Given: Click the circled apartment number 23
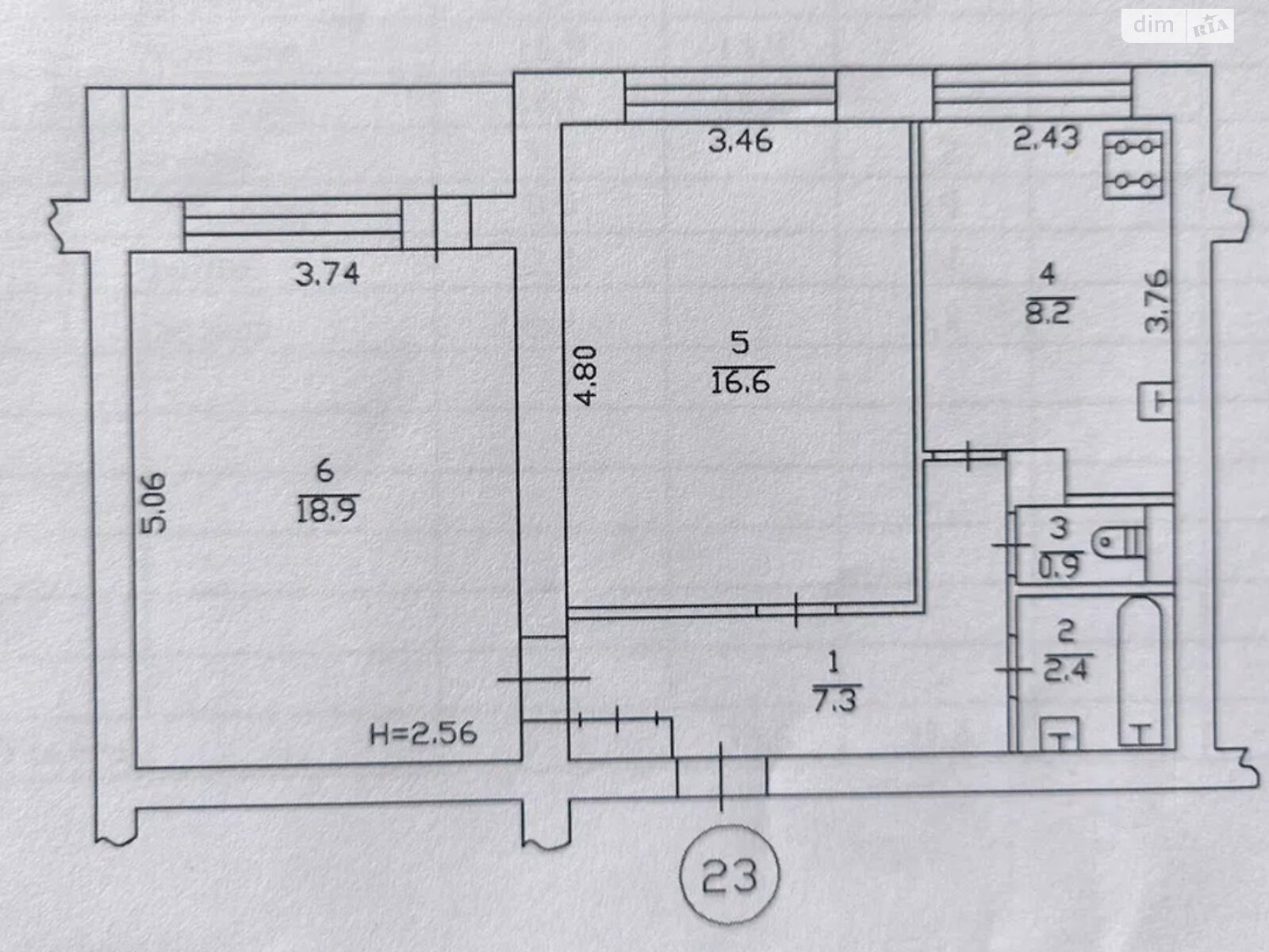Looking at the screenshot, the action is [729, 876].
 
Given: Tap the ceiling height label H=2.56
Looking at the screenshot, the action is [424, 734].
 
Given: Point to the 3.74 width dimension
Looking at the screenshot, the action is [328, 274].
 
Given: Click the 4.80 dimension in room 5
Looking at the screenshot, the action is [585, 375].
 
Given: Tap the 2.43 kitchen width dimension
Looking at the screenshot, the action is [1046, 139].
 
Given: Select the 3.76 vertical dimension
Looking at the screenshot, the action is [1157, 301].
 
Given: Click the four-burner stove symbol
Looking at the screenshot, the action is [1133, 165].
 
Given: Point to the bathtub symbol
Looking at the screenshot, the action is [1140, 670].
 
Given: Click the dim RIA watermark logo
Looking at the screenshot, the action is [1178, 25].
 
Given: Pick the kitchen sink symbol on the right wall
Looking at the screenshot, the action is [1155, 401].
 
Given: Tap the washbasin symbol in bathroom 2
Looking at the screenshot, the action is [1060, 734].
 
